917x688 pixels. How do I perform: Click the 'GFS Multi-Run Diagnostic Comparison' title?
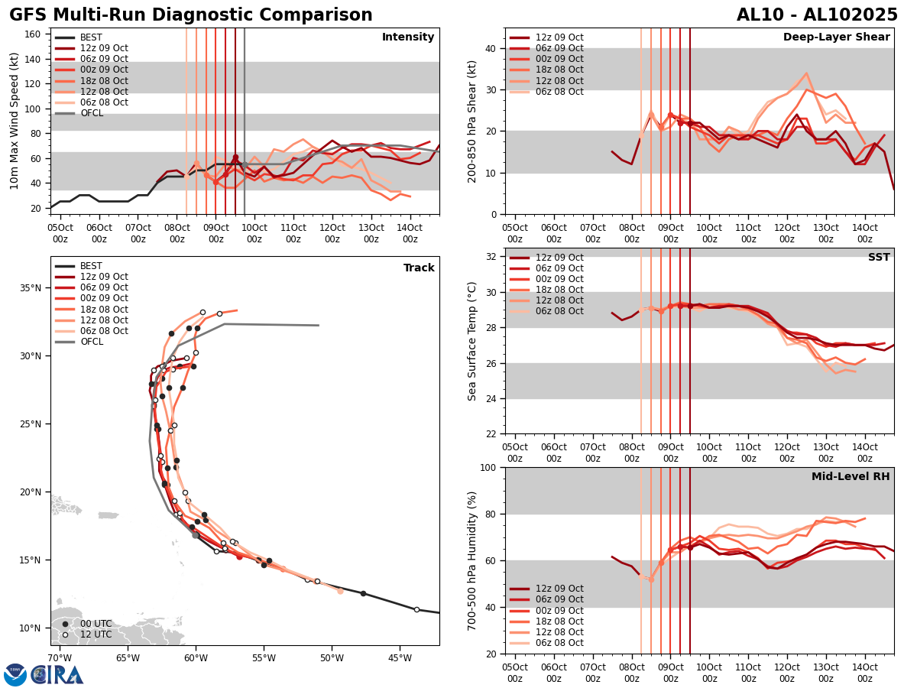coord(191,15)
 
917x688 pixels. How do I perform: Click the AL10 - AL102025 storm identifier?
coord(817,15)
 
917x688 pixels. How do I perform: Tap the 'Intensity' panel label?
coord(408,37)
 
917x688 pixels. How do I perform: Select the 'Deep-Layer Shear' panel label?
coord(836,37)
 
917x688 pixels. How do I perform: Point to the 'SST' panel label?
coord(879,258)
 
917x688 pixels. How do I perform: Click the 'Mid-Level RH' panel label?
coord(851,477)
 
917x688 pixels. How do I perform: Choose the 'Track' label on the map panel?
coord(419,268)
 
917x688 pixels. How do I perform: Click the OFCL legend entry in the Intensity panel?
coord(92,113)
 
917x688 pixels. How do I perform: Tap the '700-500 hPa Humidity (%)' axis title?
coord(473,560)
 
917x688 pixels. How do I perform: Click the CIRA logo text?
coord(58,675)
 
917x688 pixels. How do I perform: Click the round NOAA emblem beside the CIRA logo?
coord(15,675)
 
